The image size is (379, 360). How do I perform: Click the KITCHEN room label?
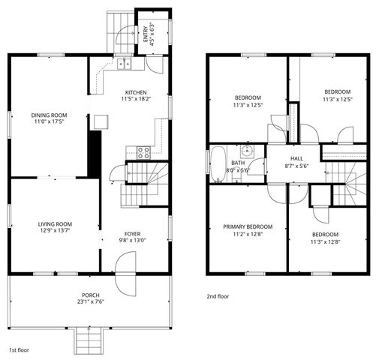pyautogui.click(x=136, y=91)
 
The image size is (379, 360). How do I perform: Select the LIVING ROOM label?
pyautogui.click(x=55, y=223)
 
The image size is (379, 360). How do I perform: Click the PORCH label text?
pyautogui.click(x=91, y=295)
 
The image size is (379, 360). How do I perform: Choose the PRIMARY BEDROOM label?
pyautogui.click(x=248, y=226)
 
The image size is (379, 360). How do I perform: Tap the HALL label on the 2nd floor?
pyautogui.click(x=296, y=158)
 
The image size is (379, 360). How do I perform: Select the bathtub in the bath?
pyautogui.click(x=217, y=160)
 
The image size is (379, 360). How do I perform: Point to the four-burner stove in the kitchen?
pyautogui.click(x=143, y=151)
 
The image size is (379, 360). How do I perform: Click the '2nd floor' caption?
pyautogui.click(x=218, y=296)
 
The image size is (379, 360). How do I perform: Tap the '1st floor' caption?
pyautogui.click(x=19, y=350)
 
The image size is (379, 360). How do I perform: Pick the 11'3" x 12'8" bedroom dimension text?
pyautogui.click(x=324, y=242)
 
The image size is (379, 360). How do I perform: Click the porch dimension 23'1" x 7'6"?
pyautogui.click(x=91, y=303)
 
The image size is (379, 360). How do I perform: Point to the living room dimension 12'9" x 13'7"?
pyautogui.click(x=55, y=232)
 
